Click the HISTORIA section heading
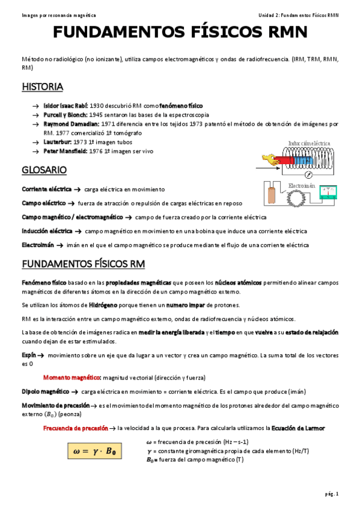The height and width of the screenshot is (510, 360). point(42,87)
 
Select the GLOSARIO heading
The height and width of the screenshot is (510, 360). point(44,170)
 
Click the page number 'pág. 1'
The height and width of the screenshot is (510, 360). point(332,494)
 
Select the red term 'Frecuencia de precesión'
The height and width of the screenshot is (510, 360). point(75,428)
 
